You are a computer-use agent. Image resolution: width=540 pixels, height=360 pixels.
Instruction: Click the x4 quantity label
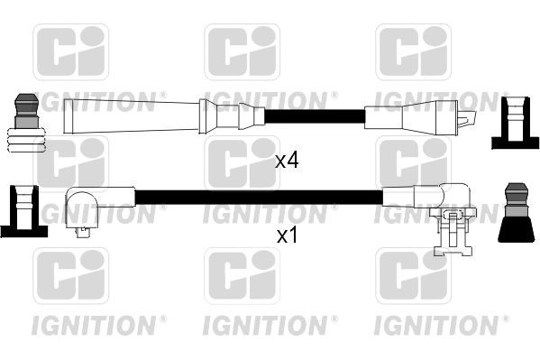(287, 161)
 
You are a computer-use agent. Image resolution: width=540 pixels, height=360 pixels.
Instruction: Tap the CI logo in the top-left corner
(70, 51)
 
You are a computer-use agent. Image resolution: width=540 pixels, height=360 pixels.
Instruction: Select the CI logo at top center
(242, 51)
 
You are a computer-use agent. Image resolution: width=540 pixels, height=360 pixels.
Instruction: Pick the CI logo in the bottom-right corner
(413, 276)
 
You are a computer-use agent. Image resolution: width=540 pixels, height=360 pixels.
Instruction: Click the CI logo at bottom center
(242, 276)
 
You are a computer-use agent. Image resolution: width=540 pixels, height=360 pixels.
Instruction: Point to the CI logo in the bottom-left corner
(70, 276)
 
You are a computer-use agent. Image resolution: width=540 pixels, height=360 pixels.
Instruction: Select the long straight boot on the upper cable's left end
(135, 116)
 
